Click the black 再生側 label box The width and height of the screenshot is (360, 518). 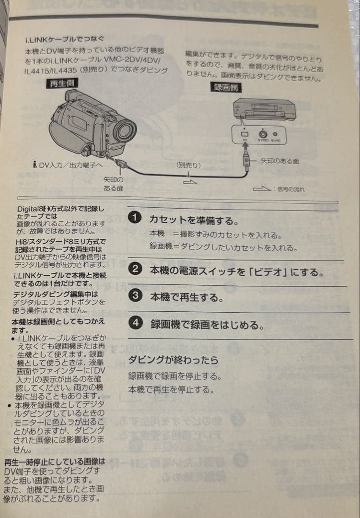click(x=63, y=84)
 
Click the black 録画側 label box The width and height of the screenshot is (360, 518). click(x=225, y=88)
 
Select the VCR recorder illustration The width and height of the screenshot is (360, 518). click(x=263, y=109)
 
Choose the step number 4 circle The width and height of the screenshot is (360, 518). click(x=136, y=323)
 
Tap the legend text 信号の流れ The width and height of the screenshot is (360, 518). click(x=290, y=189)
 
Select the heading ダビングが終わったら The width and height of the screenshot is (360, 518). click(x=173, y=360)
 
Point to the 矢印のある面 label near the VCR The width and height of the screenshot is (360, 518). click(x=279, y=161)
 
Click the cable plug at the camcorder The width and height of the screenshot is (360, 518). click(x=120, y=162)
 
